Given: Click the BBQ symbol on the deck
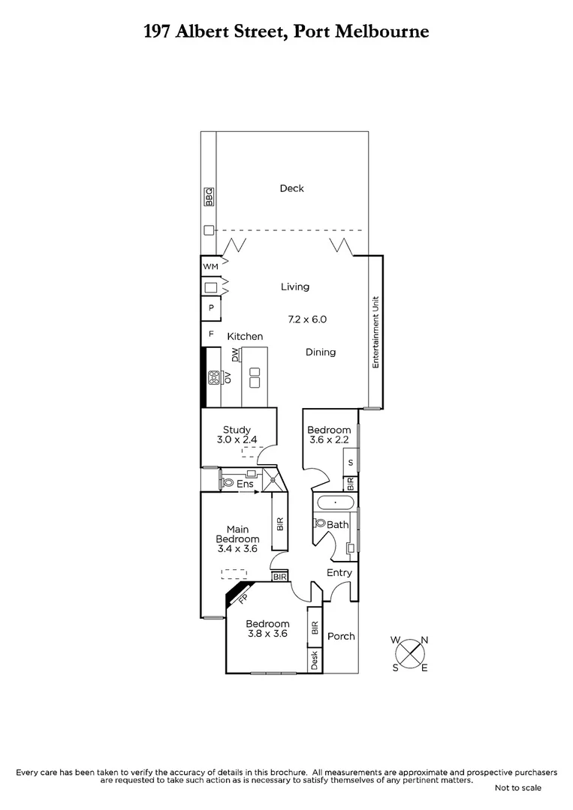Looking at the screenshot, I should pyautogui.click(x=210, y=196).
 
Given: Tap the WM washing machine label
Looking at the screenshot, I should pyautogui.click(x=210, y=266).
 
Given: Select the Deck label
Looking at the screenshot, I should pyautogui.click(x=291, y=188).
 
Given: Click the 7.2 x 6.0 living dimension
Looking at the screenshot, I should pyautogui.click(x=307, y=319).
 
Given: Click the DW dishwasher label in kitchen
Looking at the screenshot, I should pyautogui.click(x=234, y=354).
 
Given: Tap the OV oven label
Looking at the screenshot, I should pyautogui.click(x=225, y=376).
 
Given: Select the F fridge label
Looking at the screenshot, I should pyautogui.click(x=211, y=333).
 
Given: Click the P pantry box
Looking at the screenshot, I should pyautogui.click(x=211, y=308).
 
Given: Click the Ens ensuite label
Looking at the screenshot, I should pyautogui.click(x=245, y=484).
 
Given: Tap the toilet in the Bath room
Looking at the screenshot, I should pyautogui.click(x=321, y=523).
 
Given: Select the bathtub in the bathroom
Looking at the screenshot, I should pyautogui.click(x=335, y=502).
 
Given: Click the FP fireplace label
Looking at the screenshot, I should pyautogui.click(x=243, y=598).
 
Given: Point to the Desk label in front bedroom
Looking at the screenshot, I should pyautogui.click(x=315, y=660).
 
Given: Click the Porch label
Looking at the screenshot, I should pyautogui.click(x=341, y=636).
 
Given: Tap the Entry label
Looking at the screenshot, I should pyautogui.click(x=339, y=573).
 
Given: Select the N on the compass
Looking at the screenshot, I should pyautogui.click(x=424, y=640).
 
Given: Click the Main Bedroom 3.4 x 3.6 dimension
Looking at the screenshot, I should pyautogui.click(x=237, y=549).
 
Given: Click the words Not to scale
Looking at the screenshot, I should pyautogui.click(x=517, y=788).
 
